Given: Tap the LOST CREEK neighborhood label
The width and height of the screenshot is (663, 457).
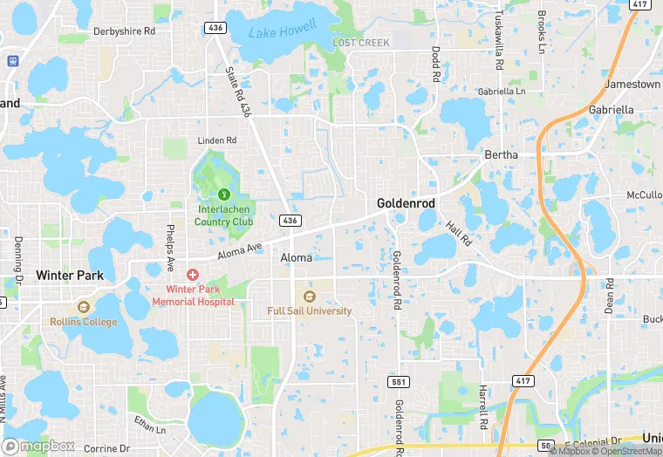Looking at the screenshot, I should [360, 43].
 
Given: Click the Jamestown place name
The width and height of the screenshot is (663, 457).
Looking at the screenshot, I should [633, 85].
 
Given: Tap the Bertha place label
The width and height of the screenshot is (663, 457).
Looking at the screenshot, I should [501, 155].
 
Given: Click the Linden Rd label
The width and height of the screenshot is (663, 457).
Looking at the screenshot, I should [217, 140].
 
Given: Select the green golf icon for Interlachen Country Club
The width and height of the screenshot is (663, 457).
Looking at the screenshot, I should [223, 194].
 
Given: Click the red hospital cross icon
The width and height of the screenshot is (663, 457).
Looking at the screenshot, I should [193, 274].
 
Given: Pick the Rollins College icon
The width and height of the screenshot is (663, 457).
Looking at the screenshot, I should [83, 307].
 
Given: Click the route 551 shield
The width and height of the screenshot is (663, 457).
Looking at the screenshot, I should [397, 383].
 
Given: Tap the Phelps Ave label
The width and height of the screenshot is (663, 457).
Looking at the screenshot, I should [169, 248].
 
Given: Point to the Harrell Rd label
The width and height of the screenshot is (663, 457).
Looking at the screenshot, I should [482, 406].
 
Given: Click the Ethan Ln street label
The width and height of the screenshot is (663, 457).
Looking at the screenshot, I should [149, 425].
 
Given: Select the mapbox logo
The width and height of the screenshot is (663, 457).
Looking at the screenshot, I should [39, 446].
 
